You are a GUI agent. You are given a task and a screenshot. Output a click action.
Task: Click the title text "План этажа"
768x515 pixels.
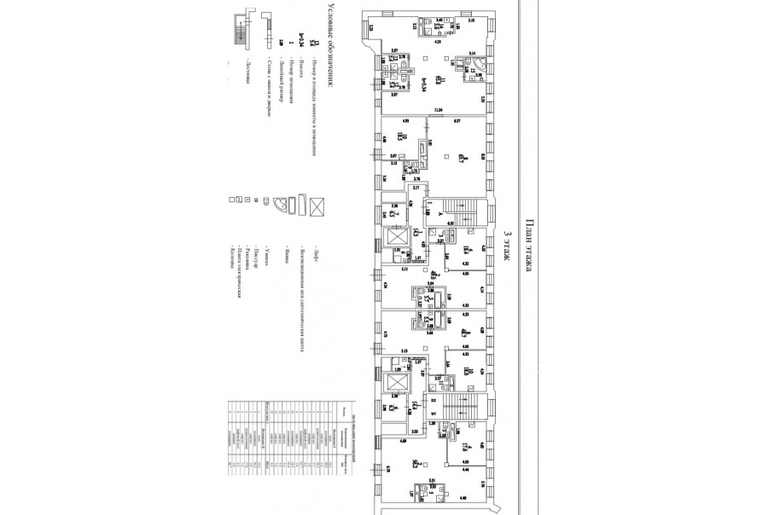[x=530, y=244]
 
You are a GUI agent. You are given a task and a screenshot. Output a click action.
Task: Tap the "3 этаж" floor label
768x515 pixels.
[x=509, y=251]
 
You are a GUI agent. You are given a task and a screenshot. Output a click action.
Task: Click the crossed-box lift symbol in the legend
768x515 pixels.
[x=317, y=205]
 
